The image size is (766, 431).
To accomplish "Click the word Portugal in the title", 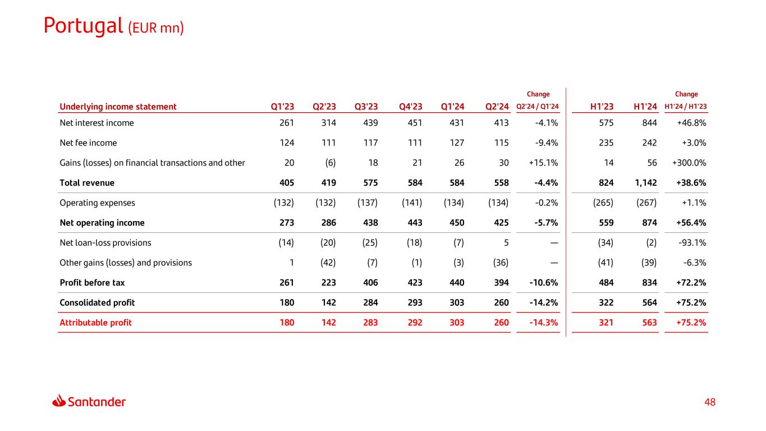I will (83, 26).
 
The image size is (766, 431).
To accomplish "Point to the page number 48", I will (710, 402).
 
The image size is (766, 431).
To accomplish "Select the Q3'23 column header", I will (366, 107).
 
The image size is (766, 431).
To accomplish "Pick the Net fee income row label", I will (88, 143).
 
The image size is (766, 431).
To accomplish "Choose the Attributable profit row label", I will (95, 323).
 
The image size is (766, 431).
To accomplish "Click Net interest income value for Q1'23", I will (286, 123).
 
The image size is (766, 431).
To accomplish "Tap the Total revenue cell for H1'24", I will (645, 182).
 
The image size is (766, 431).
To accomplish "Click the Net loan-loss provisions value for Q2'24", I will (506, 243).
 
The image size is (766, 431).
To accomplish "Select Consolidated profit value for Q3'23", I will (370, 302).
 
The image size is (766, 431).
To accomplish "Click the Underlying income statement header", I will (118, 107).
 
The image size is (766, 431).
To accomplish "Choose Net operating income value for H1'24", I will (649, 223).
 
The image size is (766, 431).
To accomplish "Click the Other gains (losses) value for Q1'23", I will (292, 263).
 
